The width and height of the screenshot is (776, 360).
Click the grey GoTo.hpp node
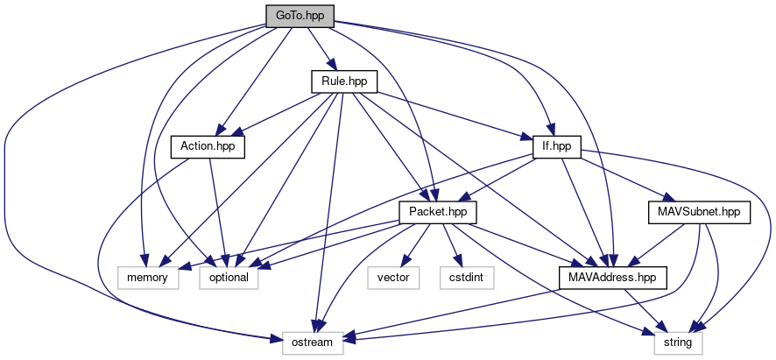[300, 16]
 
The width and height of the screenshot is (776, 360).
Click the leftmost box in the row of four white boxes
[148, 278]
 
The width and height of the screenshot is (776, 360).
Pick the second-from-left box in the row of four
[229, 278]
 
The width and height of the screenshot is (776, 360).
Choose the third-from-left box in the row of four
[393, 278]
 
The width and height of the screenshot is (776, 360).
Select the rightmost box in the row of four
[467, 278]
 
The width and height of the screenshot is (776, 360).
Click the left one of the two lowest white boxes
[312, 343]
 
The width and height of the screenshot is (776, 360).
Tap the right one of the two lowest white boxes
[678, 343]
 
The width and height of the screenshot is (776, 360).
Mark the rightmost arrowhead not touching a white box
[671, 199]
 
